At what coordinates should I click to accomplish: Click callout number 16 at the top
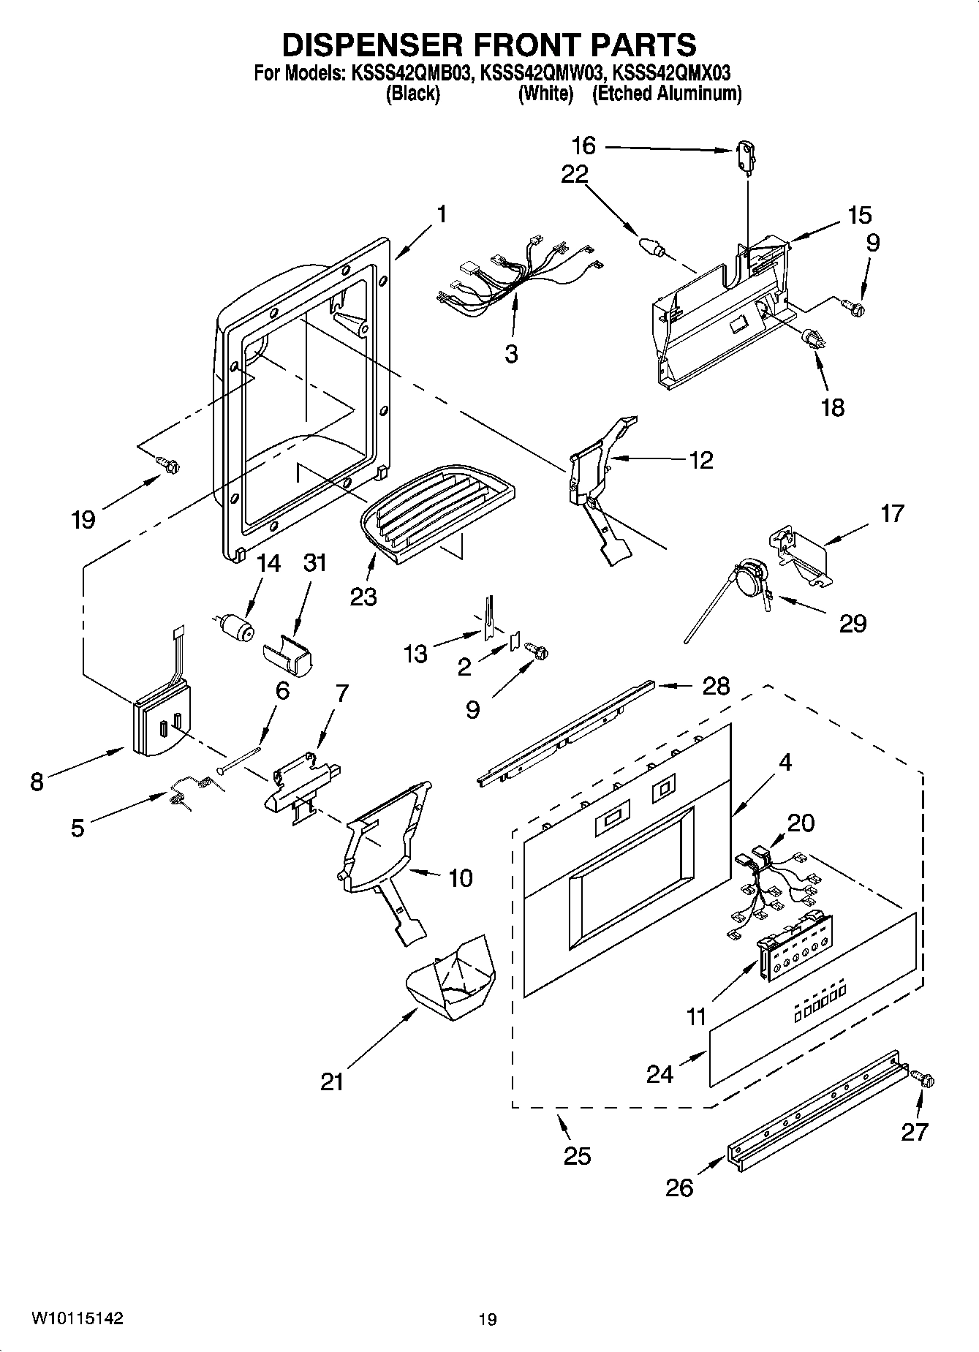[x=583, y=146]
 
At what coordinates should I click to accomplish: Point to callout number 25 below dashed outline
[x=576, y=1156]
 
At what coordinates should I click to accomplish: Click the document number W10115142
[x=76, y=1318]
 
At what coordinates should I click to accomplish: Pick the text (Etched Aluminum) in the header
[x=666, y=94]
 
